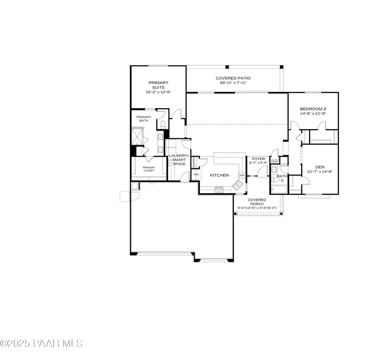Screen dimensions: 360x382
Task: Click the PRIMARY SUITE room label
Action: point(159,85)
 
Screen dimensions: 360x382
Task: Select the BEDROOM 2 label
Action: point(313,109)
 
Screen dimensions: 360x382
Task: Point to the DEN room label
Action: point(320,167)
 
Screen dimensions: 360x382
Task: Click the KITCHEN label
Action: point(219,175)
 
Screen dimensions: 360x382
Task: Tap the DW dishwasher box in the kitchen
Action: point(242,175)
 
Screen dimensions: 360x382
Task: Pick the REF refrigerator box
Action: point(196,175)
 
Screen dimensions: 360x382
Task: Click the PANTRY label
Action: point(194,162)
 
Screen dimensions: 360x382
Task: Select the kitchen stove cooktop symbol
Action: point(219,190)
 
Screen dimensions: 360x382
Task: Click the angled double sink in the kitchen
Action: point(237,184)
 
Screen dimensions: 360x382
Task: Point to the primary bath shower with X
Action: point(137,136)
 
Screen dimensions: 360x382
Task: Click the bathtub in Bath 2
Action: point(278,190)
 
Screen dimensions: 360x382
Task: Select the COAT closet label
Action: point(275,162)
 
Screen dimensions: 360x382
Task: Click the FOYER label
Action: point(258,159)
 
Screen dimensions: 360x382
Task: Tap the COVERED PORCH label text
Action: point(257,202)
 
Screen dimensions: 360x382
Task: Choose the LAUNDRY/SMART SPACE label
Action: point(179,160)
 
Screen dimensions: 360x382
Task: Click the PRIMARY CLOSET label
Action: point(148,169)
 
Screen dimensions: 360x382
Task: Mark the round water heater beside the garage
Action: point(134,186)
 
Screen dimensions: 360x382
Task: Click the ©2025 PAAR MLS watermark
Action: point(41,343)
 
